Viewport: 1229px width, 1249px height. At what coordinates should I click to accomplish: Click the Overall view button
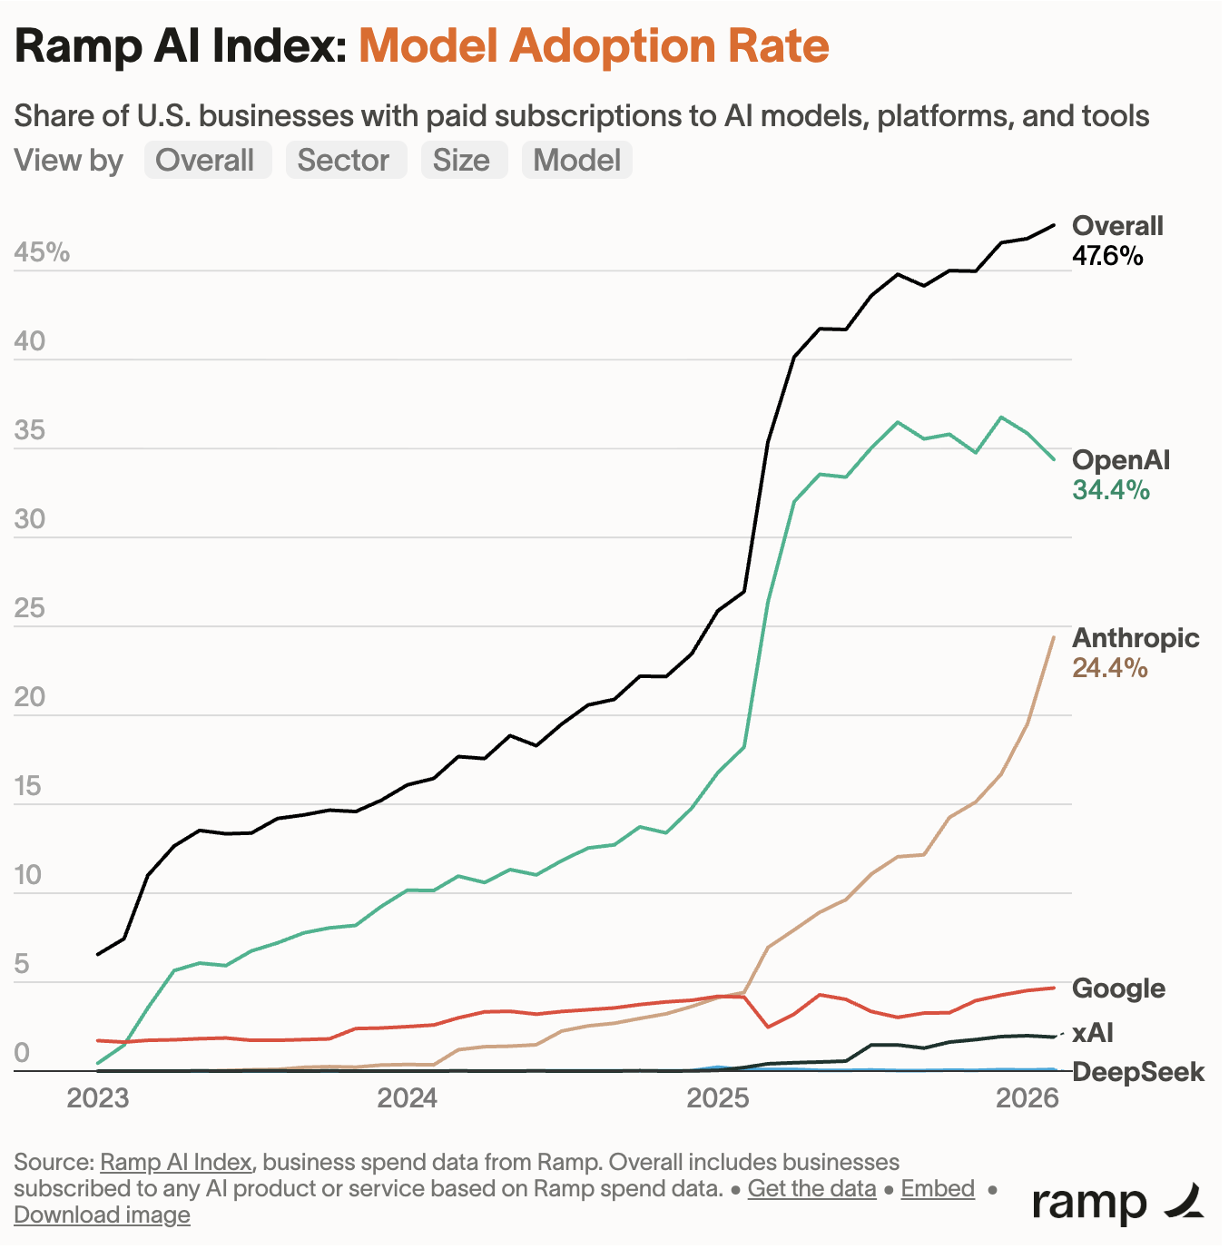coord(207,161)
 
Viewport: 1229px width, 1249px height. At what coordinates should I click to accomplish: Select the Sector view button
coord(345,161)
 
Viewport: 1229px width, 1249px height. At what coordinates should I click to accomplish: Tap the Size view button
coord(462,161)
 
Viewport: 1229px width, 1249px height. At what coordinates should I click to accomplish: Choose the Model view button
coord(576,161)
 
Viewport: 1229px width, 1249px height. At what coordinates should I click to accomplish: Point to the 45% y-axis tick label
coord(42,252)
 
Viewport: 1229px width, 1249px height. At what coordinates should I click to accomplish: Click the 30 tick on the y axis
coord(30,519)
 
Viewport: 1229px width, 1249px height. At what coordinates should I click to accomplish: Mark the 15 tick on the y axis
coord(29,786)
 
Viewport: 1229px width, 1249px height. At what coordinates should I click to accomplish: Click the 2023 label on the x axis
coord(98,1098)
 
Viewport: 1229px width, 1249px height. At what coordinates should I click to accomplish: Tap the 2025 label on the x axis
coord(718,1098)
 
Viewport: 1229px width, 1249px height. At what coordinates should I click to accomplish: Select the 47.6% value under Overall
coord(1107,256)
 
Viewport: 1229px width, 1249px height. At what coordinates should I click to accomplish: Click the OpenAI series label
coord(1121,460)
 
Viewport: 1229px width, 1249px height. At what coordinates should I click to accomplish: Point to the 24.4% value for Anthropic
coord(1109,669)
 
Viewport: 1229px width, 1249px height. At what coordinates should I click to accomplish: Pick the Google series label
coord(1118,988)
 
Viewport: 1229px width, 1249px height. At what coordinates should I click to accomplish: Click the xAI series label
coord(1092,1033)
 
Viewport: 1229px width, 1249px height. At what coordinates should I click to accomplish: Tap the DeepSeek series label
coord(1138,1072)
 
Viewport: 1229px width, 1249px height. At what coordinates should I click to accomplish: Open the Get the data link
coord(811,1189)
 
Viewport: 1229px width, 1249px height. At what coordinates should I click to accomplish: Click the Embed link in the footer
coord(938,1189)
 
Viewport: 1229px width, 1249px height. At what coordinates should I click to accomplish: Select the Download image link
coord(102,1215)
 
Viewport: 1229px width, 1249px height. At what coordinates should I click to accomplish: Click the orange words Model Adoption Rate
coord(594,46)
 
